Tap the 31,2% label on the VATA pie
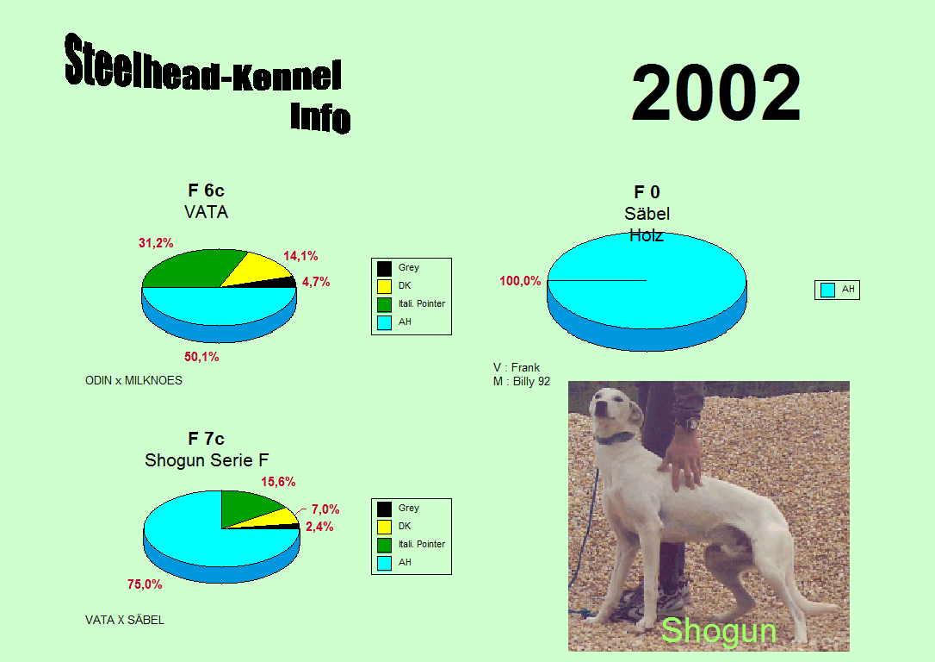tap(156, 243)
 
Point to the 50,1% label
tap(201, 357)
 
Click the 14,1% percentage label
tap(300, 256)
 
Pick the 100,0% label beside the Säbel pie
tap(520, 280)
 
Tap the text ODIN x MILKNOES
tap(133, 380)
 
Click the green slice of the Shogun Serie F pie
tap(247, 508)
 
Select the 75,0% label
tap(145, 584)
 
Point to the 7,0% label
tap(325, 509)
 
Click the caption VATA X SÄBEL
tap(125, 620)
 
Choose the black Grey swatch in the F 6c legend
tap(385, 269)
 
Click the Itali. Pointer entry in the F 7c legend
tap(422, 545)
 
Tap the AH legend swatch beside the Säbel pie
tap(827, 290)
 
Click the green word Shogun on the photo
tap(719, 631)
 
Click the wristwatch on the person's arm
tap(690, 424)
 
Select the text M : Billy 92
tap(522, 381)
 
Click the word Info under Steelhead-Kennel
tap(320, 117)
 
